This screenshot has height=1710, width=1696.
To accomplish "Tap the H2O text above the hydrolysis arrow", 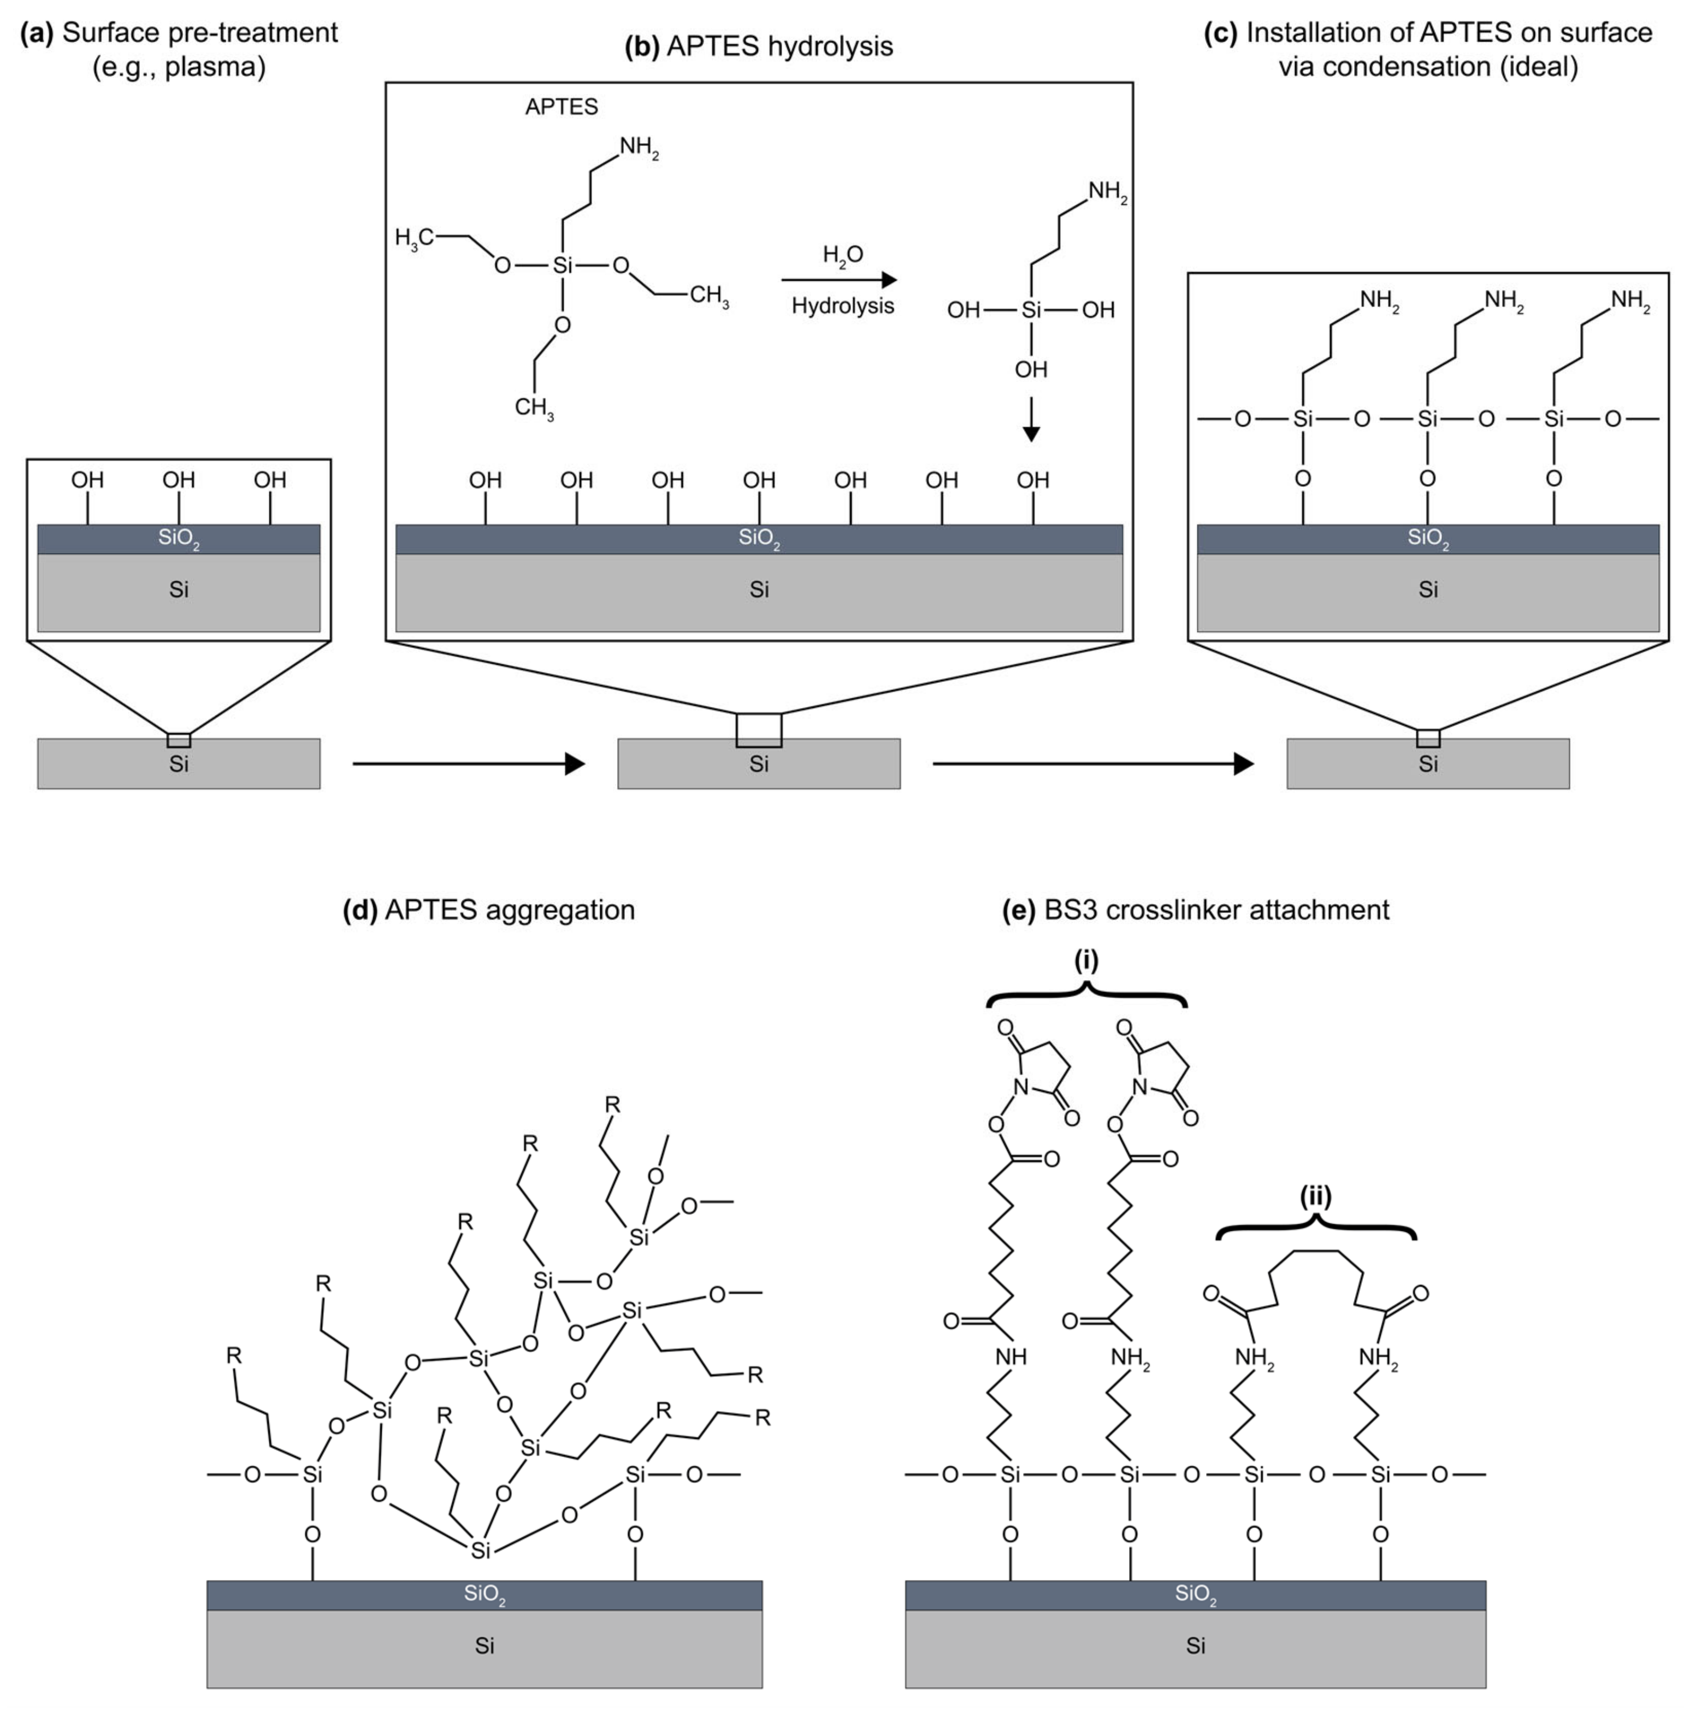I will tap(842, 256).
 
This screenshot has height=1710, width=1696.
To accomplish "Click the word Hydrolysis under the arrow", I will tap(842, 306).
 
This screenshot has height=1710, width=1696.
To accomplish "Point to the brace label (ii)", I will tap(1316, 1196).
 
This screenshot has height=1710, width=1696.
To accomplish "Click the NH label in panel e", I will tap(1011, 1356).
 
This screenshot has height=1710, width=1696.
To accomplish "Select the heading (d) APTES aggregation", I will tap(488, 910).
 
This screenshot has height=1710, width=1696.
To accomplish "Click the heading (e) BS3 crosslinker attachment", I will tap(1195, 910).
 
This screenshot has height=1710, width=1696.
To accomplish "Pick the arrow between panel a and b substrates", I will tap(468, 763).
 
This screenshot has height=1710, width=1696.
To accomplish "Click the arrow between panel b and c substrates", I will tap(1092, 763).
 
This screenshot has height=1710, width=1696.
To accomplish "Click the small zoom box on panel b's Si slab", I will tap(758, 730).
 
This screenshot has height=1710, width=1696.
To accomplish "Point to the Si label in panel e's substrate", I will tap(1195, 1646).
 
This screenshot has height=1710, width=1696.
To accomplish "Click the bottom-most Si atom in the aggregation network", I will tap(481, 1550).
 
